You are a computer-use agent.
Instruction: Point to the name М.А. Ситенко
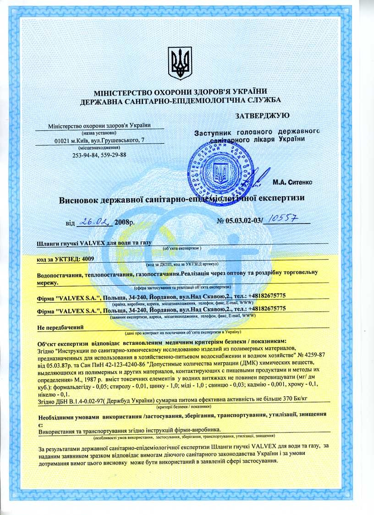point(292,183)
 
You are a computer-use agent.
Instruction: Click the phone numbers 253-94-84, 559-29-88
point(99,155)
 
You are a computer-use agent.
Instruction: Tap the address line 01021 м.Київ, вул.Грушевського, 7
point(99,140)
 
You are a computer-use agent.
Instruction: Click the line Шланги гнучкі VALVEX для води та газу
point(93,243)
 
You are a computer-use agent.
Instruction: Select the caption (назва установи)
point(99,133)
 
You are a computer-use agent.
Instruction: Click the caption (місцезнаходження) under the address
point(99,148)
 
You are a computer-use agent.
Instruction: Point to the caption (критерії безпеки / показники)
point(184,407)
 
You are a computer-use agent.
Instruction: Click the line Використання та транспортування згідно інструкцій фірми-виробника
point(129,430)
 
